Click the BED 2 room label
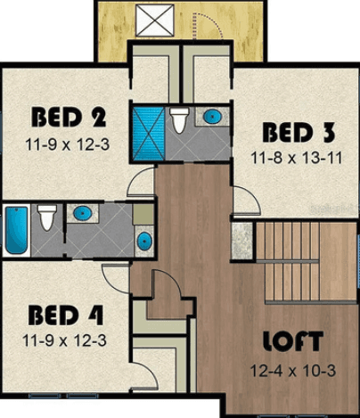point(69,118)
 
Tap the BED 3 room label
point(299,133)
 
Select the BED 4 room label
point(66,316)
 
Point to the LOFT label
point(293,341)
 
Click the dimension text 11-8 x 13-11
point(297,158)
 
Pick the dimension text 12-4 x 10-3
point(293,371)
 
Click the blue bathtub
point(16,230)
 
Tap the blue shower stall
point(148,134)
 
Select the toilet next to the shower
point(179,119)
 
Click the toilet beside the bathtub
point(47,217)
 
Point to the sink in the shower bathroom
point(213,116)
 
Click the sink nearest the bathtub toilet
point(82,213)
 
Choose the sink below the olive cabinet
point(144,241)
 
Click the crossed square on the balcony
point(155,20)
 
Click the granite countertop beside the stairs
point(241,240)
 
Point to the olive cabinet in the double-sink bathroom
point(143,214)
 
